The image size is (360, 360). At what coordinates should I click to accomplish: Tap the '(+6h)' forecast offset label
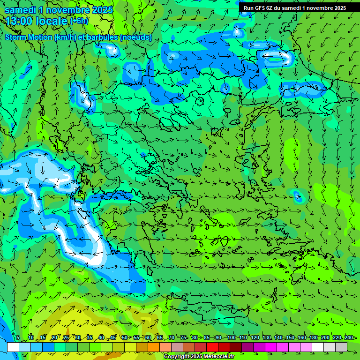tap(79, 21)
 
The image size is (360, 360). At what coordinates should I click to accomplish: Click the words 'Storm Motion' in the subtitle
tap(29, 37)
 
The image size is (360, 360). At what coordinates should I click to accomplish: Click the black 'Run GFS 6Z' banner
tap(294, 7)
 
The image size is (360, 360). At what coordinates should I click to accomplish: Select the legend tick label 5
tap(17, 337)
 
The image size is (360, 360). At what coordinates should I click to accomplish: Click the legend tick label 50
tap(124, 337)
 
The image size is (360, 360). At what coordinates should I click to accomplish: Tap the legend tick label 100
tap(231, 337)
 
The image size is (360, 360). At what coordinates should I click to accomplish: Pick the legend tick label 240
tap(348, 337)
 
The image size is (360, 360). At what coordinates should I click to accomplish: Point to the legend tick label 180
tap(313, 337)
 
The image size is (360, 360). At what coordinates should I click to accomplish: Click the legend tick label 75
tap(183, 337)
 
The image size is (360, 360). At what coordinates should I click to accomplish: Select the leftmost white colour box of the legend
tap(13, 347)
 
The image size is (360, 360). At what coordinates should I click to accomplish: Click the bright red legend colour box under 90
tap(212, 347)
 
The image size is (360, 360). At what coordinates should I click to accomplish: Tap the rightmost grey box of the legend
tap(341, 347)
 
